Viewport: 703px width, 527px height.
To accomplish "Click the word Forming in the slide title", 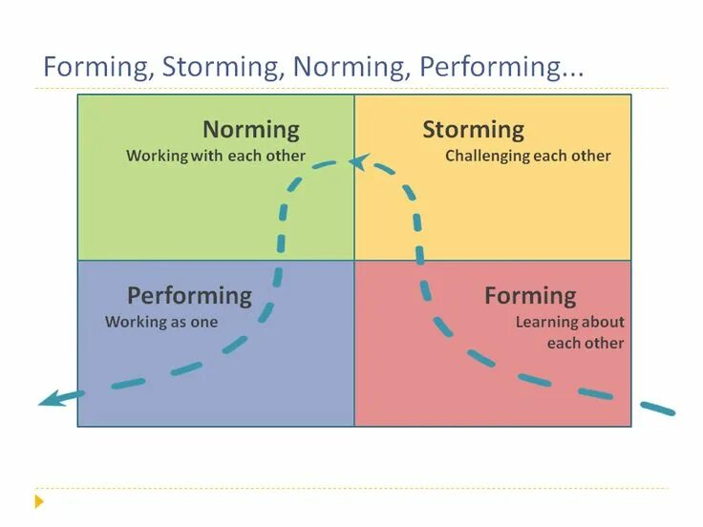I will [x=97, y=68].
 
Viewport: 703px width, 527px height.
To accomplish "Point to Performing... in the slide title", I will [x=502, y=68].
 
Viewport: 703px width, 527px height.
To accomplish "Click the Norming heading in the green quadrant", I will [x=250, y=130].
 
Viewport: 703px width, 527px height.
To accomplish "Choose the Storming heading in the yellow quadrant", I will [x=473, y=130].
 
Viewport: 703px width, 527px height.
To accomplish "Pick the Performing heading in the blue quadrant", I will [x=189, y=296].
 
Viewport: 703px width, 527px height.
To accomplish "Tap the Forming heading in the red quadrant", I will [x=530, y=296].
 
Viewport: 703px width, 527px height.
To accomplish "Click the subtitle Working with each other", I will [x=216, y=156].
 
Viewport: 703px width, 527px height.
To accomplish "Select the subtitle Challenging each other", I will [x=527, y=156].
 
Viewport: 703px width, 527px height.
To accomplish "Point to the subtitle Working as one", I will [x=161, y=322].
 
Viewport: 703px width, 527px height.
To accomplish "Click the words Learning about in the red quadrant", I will [x=569, y=322].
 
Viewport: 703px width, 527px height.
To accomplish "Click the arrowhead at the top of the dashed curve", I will [x=358, y=162].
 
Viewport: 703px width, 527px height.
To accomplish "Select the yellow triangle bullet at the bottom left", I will [x=39, y=500].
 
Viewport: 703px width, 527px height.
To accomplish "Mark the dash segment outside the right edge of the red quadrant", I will [x=657, y=409].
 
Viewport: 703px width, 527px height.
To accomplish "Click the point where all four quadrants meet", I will [x=354, y=261].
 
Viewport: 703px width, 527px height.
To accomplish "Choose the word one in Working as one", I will [x=204, y=322].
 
